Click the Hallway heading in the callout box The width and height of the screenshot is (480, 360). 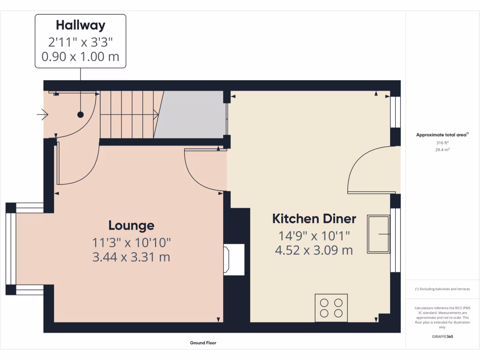pyautogui.click(x=80, y=25)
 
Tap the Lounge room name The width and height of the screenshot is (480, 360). pyautogui.click(x=131, y=225)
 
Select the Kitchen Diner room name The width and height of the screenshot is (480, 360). pyautogui.click(x=314, y=219)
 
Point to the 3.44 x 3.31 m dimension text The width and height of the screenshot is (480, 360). pyautogui.click(x=131, y=257)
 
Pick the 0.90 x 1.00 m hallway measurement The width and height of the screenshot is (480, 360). pyautogui.click(x=80, y=57)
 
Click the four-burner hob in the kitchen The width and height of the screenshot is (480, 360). pyautogui.click(x=331, y=307)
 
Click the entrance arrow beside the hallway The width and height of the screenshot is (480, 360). pyautogui.click(x=43, y=114)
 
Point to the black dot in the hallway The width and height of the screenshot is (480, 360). pyautogui.click(x=80, y=114)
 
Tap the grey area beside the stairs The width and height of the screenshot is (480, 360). pyautogui.click(x=190, y=114)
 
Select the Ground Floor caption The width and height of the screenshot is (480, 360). pyautogui.click(x=203, y=343)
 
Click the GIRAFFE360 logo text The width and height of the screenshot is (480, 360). pyautogui.click(x=442, y=337)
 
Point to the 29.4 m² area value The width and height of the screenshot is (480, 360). pyautogui.click(x=442, y=150)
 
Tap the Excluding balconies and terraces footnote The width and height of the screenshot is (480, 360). pyautogui.click(x=442, y=289)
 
